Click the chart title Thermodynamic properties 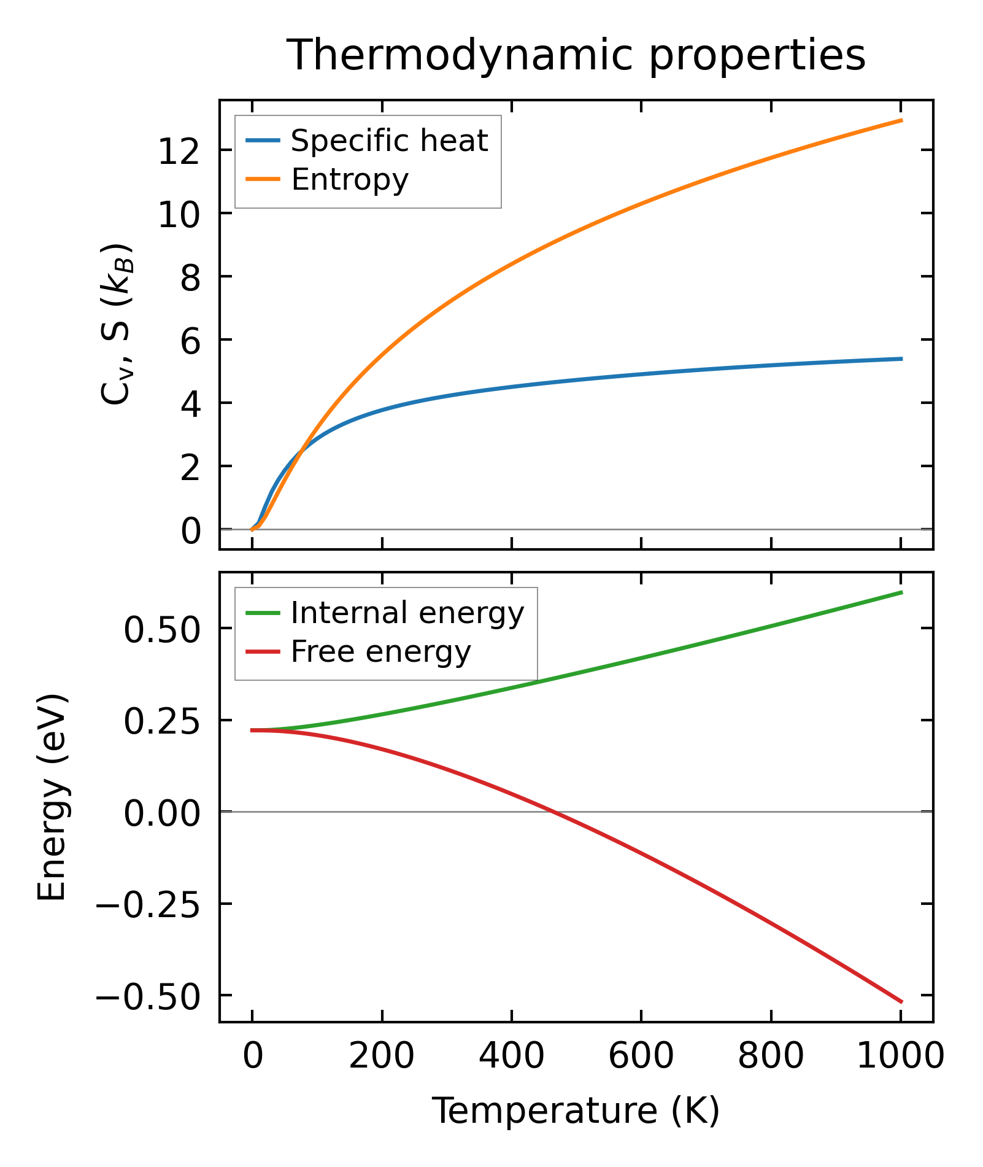(x=576, y=55)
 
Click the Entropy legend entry (x=349, y=179)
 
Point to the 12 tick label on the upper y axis (x=179, y=151)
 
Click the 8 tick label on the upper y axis (x=190, y=277)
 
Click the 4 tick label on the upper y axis (x=190, y=403)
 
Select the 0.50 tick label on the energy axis (x=162, y=629)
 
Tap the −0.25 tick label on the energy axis (x=148, y=904)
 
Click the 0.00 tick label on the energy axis (x=162, y=813)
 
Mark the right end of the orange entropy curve (x=901, y=120)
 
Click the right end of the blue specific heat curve (x=901, y=359)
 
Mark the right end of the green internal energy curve (x=901, y=592)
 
